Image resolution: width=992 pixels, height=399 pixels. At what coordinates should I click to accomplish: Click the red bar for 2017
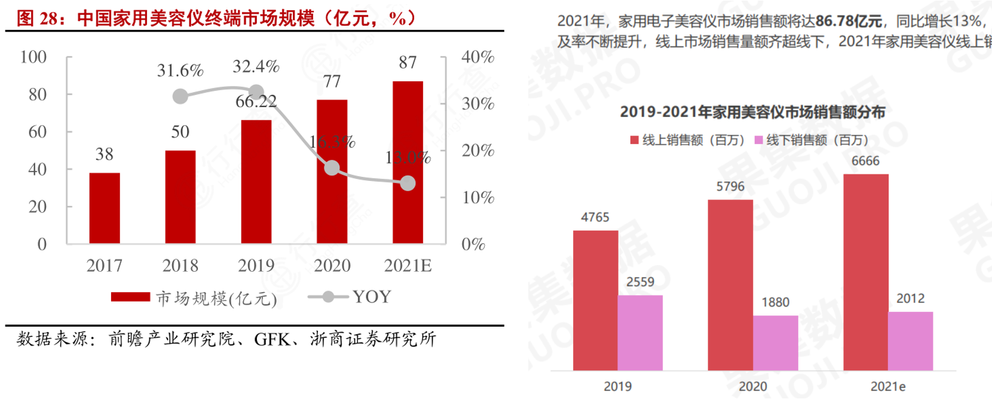[105, 208]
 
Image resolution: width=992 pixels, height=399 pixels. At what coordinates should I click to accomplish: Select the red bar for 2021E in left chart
[408, 162]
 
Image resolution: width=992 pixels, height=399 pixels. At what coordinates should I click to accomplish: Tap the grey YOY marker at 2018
[180, 96]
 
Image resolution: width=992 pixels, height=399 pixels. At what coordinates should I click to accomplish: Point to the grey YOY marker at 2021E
[408, 183]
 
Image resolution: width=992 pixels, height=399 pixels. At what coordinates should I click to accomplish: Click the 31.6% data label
[180, 70]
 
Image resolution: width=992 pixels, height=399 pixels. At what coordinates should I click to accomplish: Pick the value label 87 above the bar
[408, 62]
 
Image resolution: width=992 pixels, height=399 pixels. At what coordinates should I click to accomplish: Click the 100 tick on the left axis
[33, 57]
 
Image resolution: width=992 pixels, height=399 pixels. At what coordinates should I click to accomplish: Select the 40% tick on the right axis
[477, 57]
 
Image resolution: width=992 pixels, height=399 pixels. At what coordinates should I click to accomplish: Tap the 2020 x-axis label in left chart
[332, 266]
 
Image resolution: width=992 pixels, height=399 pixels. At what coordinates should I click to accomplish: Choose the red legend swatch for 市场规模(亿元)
[130, 297]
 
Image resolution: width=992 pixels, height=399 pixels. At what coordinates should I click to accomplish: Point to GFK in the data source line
[272, 339]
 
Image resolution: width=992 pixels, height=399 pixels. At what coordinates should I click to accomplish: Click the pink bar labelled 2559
[640, 332]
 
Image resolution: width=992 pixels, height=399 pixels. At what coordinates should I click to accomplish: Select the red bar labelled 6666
[865, 272]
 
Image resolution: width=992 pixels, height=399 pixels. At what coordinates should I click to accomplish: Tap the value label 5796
[730, 186]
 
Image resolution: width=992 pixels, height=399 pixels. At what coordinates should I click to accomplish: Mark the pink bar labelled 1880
[775, 342]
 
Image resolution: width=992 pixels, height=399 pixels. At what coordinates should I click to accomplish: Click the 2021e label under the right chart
[887, 386]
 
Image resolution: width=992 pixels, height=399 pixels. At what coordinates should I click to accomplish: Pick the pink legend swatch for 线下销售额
[759, 140]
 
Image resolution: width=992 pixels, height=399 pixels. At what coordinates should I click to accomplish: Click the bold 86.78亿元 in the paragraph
[849, 22]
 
